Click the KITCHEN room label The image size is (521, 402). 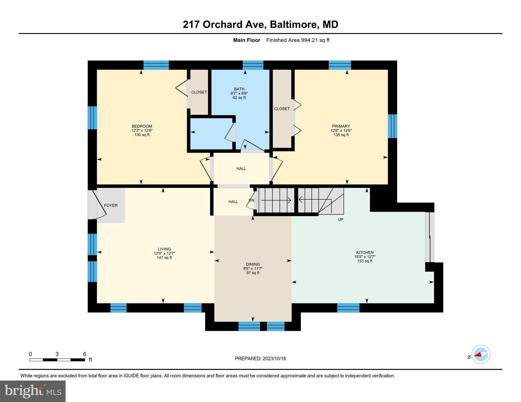coord(365,253)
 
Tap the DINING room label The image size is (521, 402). coord(253,264)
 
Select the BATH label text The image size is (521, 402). coord(239,89)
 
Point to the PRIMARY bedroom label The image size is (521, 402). coord(341,126)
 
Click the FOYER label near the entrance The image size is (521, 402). coord(111,205)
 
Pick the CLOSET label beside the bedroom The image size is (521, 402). coord(199,92)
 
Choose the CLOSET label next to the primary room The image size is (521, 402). coord(282,109)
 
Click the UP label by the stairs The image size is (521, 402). coord(340,220)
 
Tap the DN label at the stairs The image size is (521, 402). coord(251,200)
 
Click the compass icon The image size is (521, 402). coord(481,354)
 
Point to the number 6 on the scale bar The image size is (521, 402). coord(84,354)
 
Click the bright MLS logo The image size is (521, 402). coord(33,391)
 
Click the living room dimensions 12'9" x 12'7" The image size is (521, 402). coord(164,253)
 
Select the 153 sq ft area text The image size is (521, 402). coord(365,261)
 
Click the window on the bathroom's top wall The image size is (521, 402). coord(253,65)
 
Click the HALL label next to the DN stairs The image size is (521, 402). coord(233,202)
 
